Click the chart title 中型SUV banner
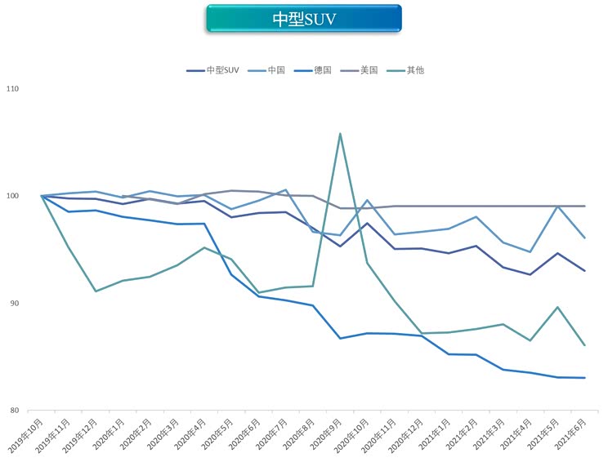(304, 19)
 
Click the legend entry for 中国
(275, 70)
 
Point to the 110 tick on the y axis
(13, 89)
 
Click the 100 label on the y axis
(13, 196)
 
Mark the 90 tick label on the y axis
(15, 304)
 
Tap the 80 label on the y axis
(15, 411)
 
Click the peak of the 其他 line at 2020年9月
(340, 134)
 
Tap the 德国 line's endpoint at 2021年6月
(584, 378)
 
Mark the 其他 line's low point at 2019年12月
(96, 291)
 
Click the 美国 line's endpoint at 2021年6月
(584, 206)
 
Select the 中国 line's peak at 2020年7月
(285, 190)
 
